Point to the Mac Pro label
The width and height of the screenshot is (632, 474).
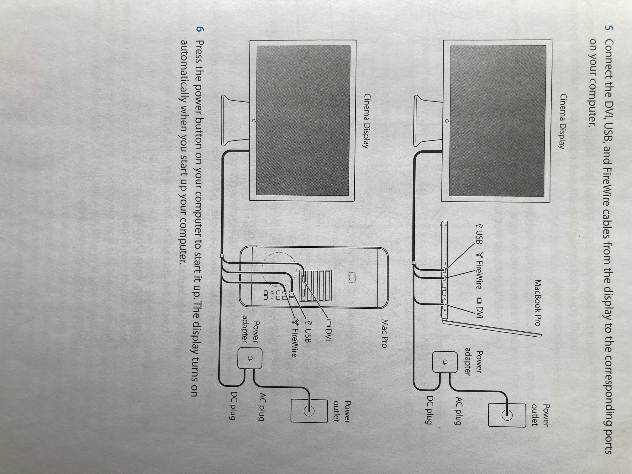click(385, 334)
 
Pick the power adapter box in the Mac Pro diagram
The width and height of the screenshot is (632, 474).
click(250, 358)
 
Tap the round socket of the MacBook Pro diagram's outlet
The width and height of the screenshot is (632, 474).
click(507, 415)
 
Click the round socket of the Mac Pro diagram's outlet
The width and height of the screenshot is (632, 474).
click(308, 410)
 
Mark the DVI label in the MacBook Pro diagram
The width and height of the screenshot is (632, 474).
click(479, 307)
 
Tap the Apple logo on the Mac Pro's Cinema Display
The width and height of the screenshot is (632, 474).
click(254, 121)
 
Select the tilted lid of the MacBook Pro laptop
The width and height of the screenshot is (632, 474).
click(492, 328)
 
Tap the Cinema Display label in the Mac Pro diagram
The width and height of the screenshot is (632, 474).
click(366, 121)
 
